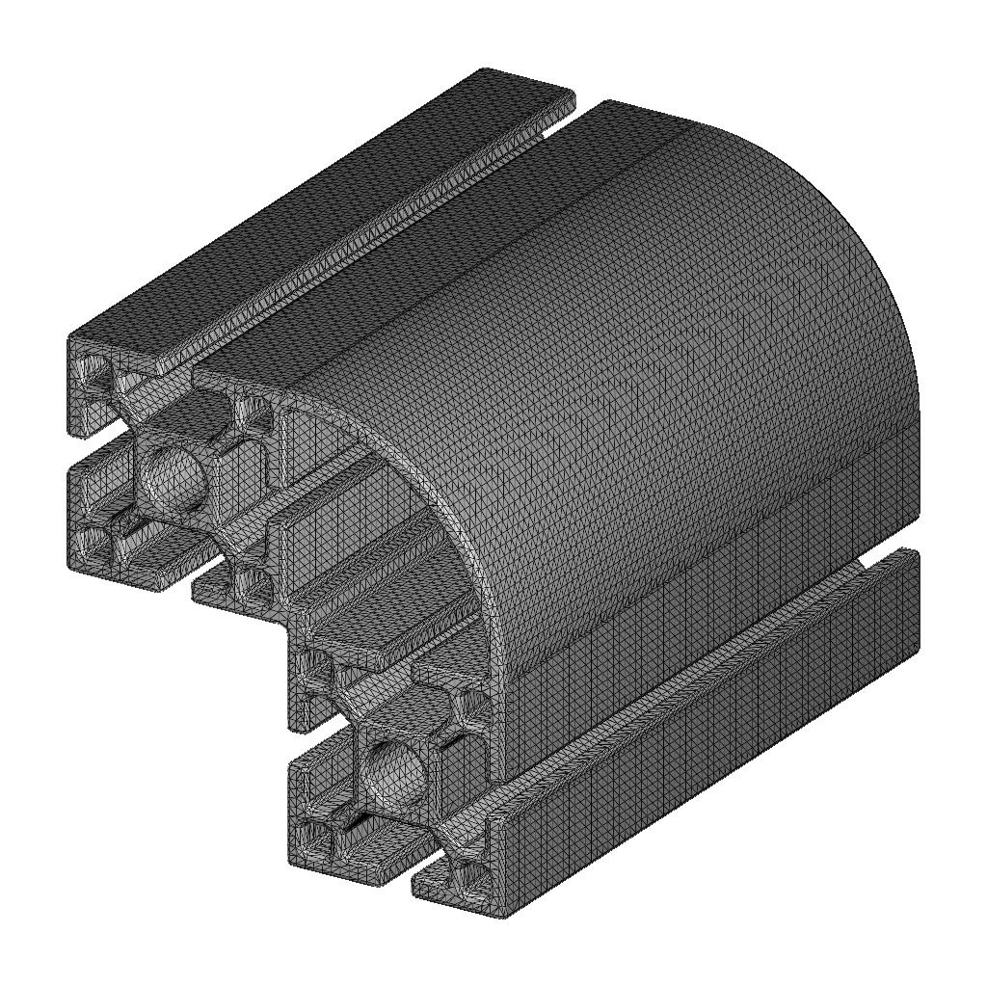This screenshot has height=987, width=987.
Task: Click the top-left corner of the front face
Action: coord(69,338)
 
